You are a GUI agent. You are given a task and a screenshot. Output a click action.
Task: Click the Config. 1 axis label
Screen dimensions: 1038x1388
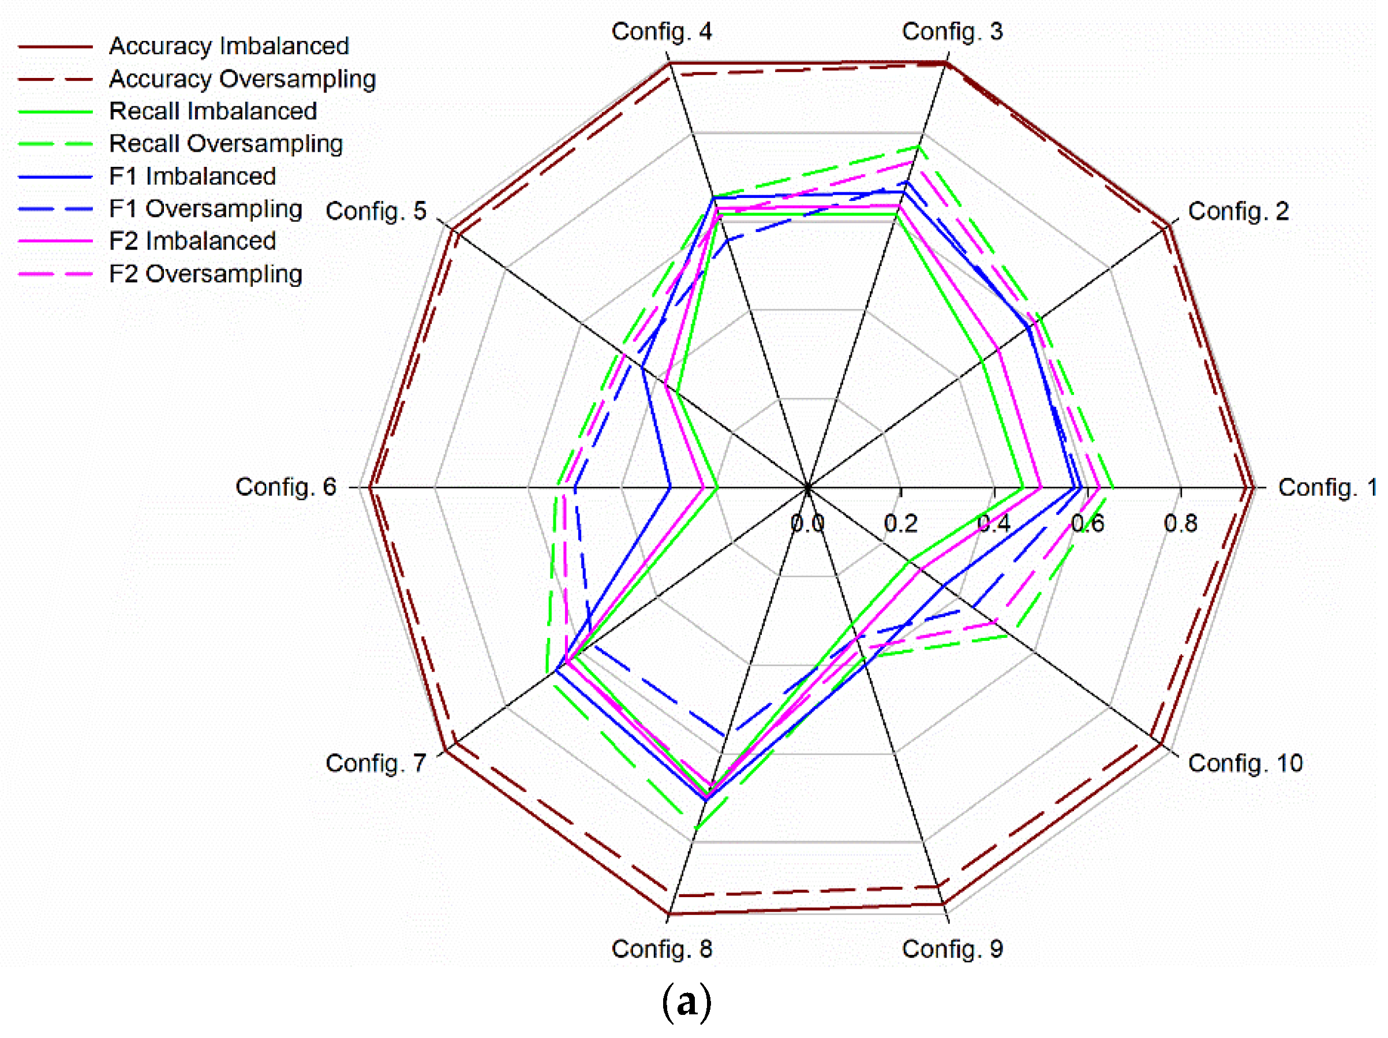1327,488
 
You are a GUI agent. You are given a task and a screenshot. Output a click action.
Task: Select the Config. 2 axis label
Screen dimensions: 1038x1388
1238,211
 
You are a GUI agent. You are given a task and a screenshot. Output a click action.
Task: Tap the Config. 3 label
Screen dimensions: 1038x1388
952,31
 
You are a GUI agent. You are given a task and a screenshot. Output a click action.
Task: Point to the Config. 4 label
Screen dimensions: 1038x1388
661,31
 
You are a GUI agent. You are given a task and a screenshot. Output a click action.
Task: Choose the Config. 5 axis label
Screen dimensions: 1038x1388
375,211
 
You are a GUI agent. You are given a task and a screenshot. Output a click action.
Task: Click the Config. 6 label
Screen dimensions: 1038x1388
286,487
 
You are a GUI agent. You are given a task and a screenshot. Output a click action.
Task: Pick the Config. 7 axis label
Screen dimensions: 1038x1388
375,763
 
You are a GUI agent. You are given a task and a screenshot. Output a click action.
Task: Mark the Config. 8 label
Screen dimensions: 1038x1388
661,949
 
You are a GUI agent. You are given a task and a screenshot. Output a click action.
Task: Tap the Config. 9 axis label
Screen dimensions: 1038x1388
952,949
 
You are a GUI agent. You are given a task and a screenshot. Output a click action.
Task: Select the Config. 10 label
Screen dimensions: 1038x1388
1245,763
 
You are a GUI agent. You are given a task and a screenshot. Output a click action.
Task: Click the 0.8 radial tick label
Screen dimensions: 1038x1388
1180,524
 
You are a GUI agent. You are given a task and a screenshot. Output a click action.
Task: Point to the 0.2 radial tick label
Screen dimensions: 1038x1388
900,524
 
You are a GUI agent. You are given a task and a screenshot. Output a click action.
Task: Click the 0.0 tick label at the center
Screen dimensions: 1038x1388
807,524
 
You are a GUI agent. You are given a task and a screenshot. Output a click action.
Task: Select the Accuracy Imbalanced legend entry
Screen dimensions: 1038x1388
229,46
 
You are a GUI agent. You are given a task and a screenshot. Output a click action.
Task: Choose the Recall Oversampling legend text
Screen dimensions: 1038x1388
226,144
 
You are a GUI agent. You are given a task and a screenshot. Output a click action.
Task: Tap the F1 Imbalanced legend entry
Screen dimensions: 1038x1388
192,176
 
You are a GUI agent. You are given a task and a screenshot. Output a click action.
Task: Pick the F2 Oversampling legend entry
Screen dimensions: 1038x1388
205,274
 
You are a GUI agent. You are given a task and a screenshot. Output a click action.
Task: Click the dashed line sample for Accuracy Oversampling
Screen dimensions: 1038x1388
55,80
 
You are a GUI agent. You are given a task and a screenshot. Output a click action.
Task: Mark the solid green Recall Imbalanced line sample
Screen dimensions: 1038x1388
55,111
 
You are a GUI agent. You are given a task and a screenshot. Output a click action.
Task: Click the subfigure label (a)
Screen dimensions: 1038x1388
686,1002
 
